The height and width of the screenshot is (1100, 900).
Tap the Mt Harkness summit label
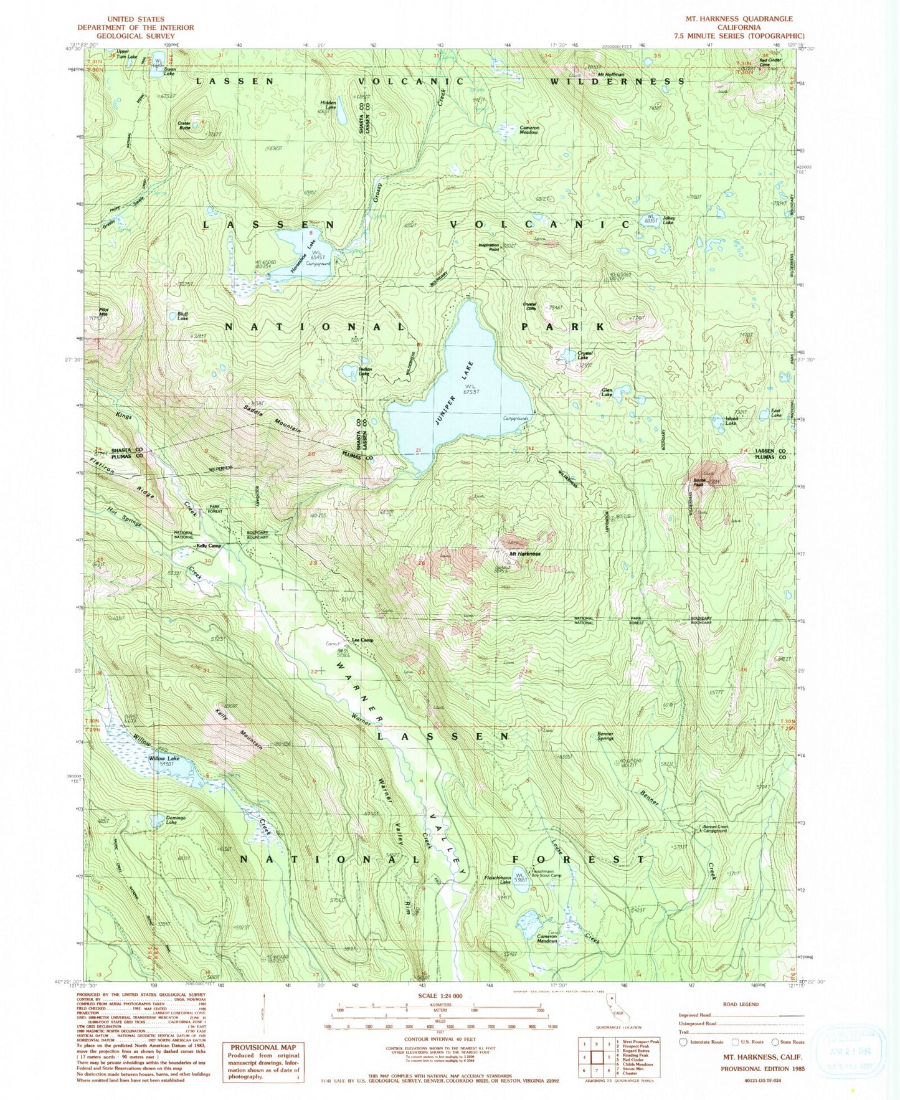[x=525, y=554]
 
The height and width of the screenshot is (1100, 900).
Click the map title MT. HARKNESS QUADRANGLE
[x=739, y=19]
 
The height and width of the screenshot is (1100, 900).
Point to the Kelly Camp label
[x=209, y=546]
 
